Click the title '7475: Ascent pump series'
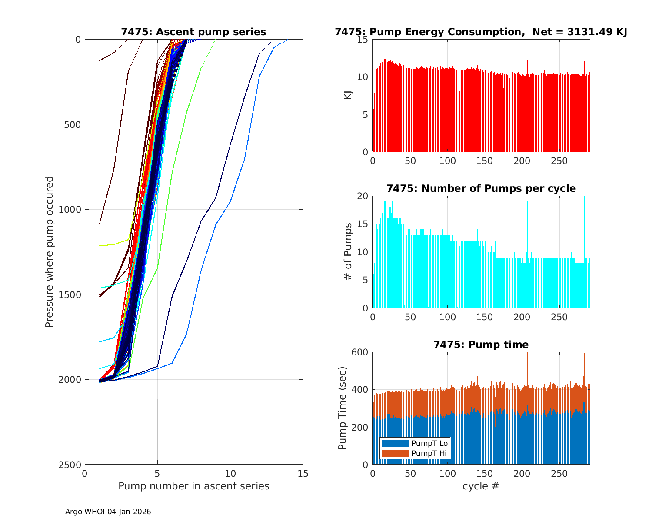coord(193,32)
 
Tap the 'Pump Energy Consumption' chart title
coord(481,32)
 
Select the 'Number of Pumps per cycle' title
coord(481,188)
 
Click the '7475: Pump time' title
coord(481,345)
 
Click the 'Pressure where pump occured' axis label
coord(49,252)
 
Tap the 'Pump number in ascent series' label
coord(193,486)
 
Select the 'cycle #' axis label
coord(481,486)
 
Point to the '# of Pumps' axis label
coord(348,252)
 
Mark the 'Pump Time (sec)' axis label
coord(342,408)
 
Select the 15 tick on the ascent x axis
coord(303,473)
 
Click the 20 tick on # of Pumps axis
coord(362,196)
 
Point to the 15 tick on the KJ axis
coord(362,40)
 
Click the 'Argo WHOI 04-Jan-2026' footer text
coord(108,512)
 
